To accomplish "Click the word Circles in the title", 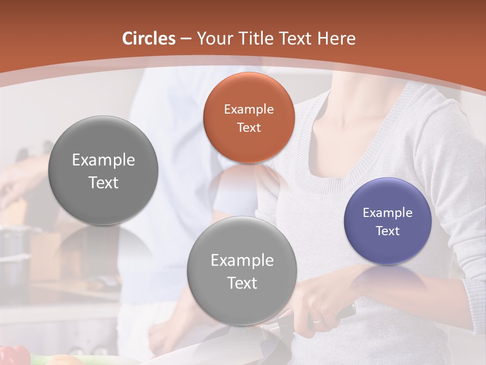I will [x=149, y=39].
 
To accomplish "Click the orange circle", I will [x=249, y=118].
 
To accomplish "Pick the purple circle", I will [x=388, y=221].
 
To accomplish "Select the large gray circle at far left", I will [x=103, y=170].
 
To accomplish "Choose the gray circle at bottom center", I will [x=242, y=271].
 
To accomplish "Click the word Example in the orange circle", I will [x=249, y=109].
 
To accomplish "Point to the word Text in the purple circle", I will [x=388, y=231].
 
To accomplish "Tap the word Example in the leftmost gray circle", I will [x=103, y=160].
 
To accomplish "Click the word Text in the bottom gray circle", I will [x=242, y=283].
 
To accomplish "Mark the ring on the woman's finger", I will [x=316, y=320].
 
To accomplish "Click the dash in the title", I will [x=186, y=39].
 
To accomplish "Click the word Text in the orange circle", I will [x=249, y=128].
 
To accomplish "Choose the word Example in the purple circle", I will [x=388, y=213].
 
